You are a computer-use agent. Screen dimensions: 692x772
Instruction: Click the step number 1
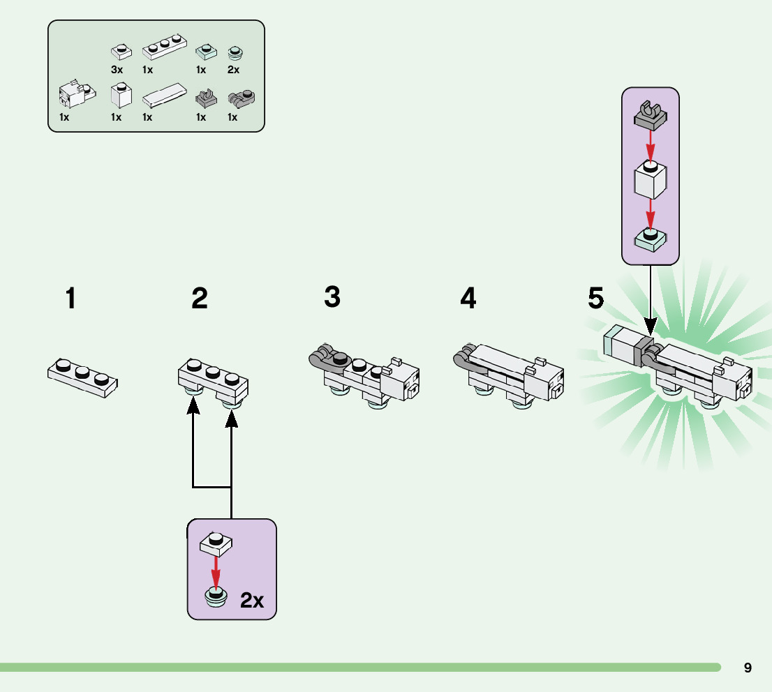tap(70, 299)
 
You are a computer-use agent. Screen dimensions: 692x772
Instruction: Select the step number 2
tap(200, 299)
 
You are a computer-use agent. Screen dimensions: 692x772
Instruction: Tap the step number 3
tap(332, 297)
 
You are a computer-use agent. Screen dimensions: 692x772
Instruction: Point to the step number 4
tap(468, 299)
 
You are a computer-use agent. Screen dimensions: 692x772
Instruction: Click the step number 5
tap(595, 298)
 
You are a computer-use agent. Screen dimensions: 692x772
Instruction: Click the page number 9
tap(748, 668)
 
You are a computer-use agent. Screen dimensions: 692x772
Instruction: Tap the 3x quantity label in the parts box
tap(117, 70)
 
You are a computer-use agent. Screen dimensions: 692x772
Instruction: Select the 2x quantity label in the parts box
tap(233, 70)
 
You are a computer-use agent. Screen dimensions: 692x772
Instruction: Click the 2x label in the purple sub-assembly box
tap(252, 600)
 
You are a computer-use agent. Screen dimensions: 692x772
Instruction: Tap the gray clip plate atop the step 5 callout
tap(650, 115)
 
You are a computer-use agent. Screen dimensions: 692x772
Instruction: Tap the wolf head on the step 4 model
tap(544, 380)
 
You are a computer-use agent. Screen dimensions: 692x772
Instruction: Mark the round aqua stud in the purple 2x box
tap(216, 596)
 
